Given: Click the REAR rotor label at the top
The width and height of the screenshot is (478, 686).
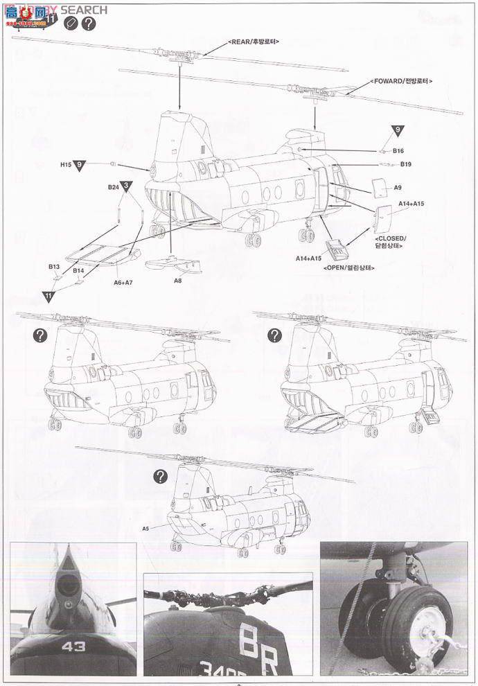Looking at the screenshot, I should pos(253,42).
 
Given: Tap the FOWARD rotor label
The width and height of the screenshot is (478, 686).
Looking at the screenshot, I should pos(401,81).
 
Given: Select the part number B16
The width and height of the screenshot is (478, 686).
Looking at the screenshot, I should pos(398,150).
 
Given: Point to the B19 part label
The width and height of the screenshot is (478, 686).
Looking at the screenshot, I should pos(406,164).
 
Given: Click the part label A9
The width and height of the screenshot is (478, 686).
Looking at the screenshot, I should pos(398,187).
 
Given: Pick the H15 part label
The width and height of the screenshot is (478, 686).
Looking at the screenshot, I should pos(66,164).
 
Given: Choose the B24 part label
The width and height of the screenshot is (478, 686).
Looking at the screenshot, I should pos(114,186).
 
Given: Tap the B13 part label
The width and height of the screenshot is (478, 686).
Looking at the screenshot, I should pos(54,266).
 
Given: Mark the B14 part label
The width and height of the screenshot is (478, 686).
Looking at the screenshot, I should pos(79,270).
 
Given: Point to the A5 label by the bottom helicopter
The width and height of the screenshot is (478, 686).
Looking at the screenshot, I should pos(145,528).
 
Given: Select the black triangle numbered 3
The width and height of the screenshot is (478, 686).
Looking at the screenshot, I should pos(127,185).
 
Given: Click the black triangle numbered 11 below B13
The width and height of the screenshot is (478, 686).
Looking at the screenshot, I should pos(48,294).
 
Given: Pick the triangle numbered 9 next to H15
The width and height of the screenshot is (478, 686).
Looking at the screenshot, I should pos(81,164).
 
